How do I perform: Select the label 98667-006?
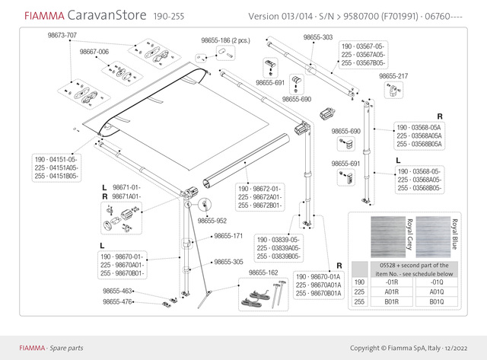[95, 52]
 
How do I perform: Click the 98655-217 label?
[393, 76]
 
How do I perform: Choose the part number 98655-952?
[212, 221]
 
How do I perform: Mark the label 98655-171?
[228, 236]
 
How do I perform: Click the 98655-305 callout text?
[228, 261]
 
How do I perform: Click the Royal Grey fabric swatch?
[390, 235]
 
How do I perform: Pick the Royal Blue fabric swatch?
[436, 235]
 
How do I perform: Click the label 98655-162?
[263, 272]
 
